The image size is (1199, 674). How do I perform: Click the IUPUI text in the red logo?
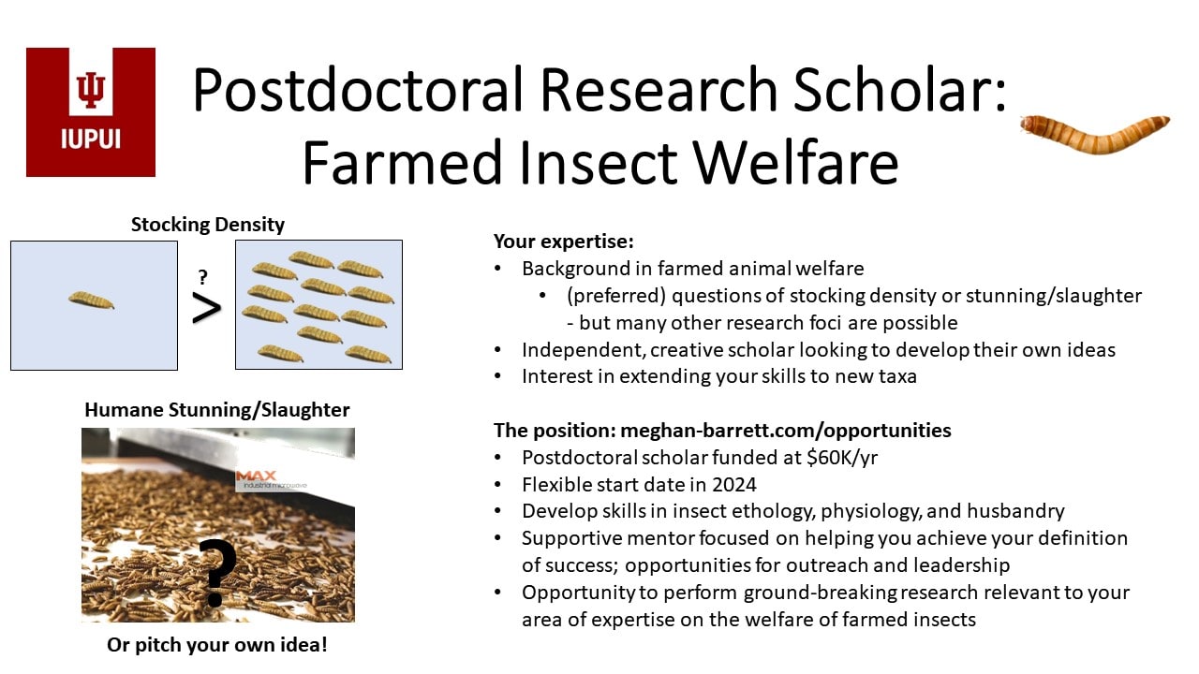(x=91, y=139)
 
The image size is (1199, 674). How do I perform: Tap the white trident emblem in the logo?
(x=91, y=90)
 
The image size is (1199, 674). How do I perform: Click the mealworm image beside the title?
(x=1095, y=134)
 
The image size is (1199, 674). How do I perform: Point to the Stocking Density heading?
(x=208, y=224)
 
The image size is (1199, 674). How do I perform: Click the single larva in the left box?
(x=91, y=300)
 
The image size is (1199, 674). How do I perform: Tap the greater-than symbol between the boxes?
(x=207, y=309)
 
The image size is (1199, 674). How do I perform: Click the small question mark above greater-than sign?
(x=202, y=277)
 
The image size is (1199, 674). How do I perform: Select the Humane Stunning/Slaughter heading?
(x=216, y=410)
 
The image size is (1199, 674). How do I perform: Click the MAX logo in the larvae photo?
(x=256, y=476)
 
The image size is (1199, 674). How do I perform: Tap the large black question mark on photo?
(x=216, y=572)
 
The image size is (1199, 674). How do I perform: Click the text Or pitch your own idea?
(x=216, y=645)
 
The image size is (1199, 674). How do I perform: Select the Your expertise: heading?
(x=564, y=242)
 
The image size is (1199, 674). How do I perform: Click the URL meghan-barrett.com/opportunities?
(x=786, y=431)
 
